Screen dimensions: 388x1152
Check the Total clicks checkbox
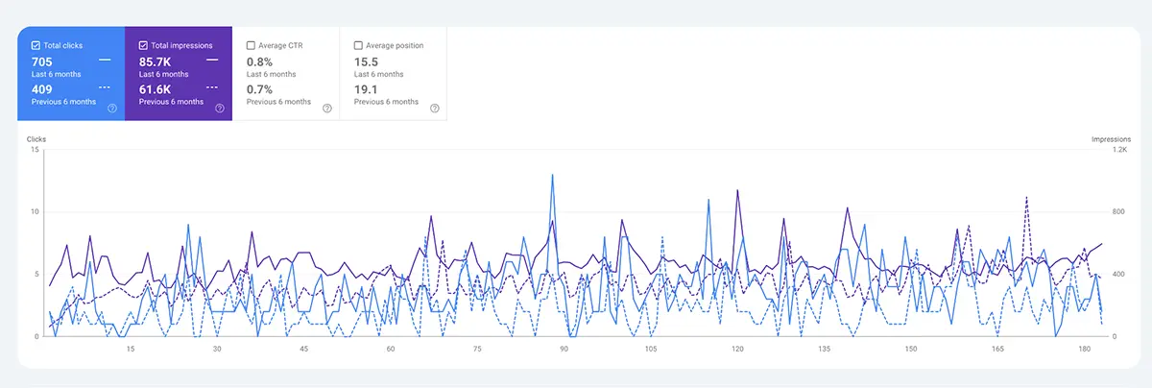[36, 45]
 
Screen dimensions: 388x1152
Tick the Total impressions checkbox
[143, 45]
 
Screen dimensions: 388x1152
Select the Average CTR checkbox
[251, 45]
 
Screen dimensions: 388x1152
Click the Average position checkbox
[358, 45]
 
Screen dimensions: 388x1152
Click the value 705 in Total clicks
[42, 61]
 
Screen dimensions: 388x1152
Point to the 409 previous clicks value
[42, 89]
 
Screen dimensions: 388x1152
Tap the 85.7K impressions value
[155, 61]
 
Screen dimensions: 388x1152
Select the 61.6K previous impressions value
[155, 89]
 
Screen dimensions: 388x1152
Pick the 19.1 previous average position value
[365, 89]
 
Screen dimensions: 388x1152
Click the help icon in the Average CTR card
[327, 109]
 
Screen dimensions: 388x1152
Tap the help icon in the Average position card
[435, 109]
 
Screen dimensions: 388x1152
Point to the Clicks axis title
[36, 139]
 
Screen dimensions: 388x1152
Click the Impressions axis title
[1111, 139]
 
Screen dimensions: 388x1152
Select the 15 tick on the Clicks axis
[36, 150]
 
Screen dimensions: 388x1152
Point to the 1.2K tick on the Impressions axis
[1119, 150]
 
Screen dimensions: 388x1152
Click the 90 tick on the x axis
[564, 349]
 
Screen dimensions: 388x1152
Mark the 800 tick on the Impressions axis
[1118, 212]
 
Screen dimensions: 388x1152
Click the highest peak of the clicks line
[552, 175]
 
